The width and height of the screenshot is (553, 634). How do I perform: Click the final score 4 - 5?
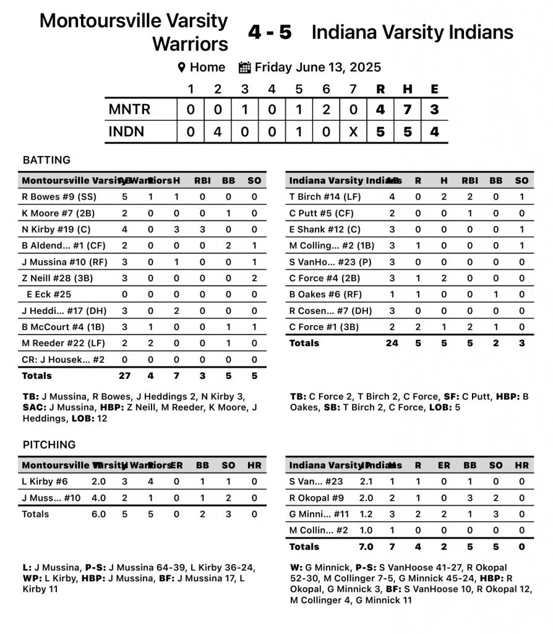pyautogui.click(x=269, y=32)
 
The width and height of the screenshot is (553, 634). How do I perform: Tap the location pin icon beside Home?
pyautogui.click(x=182, y=67)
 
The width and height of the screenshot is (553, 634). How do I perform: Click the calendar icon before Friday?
pyautogui.click(x=244, y=67)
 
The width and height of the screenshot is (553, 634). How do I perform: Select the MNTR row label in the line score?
pyautogui.click(x=129, y=110)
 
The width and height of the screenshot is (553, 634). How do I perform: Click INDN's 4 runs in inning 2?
pyautogui.click(x=218, y=131)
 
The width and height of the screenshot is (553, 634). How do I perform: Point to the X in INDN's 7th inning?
pyautogui.click(x=353, y=131)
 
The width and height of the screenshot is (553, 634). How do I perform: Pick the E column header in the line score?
pyautogui.click(x=434, y=89)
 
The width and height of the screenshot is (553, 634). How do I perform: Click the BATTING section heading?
pyautogui.click(x=46, y=160)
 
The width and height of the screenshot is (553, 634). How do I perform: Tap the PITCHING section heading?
pyautogui.click(x=49, y=445)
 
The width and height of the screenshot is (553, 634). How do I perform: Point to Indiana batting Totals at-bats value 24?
pyautogui.click(x=392, y=343)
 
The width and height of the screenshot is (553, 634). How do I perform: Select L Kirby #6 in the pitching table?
pyautogui.click(x=45, y=482)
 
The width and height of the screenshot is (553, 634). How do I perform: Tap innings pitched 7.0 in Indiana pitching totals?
pyautogui.click(x=366, y=547)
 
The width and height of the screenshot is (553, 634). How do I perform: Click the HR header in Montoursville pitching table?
pyautogui.click(x=254, y=466)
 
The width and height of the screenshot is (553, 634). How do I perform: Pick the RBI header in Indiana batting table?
pyautogui.click(x=469, y=181)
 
